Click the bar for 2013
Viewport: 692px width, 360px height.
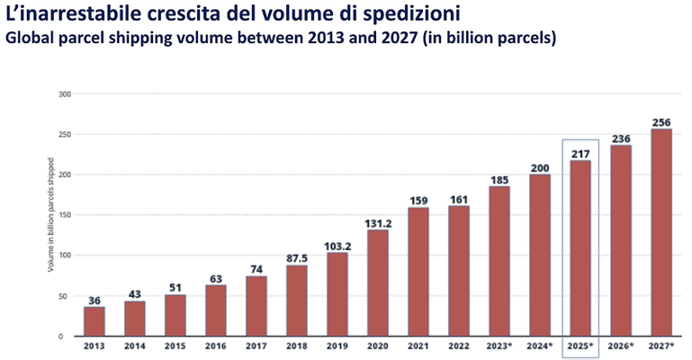tap(94, 321)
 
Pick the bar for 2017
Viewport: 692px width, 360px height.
tap(256, 306)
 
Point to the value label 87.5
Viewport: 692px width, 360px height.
tap(297, 256)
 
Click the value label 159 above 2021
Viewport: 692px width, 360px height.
tap(418, 200)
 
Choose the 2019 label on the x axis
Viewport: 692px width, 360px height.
tap(337, 345)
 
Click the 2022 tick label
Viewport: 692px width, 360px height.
tap(459, 345)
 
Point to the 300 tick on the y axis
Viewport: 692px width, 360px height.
tap(64, 94)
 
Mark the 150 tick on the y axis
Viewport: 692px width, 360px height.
tap(64, 215)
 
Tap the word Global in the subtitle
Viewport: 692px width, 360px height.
tap(33, 40)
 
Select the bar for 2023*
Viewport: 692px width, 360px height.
tap(499, 261)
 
